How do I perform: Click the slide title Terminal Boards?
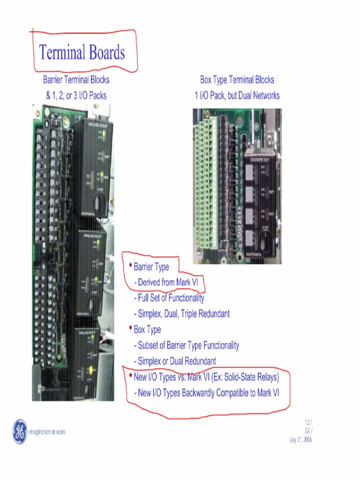coord(82,52)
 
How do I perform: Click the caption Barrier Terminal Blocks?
coord(76,80)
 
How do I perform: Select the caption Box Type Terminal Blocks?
coord(237,80)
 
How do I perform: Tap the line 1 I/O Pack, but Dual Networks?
coord(237,96)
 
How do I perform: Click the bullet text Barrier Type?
coord(151,267)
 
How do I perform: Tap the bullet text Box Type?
coord(147,330)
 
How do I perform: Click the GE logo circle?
coord(20,432)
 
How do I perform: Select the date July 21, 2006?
coord(300,440)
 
